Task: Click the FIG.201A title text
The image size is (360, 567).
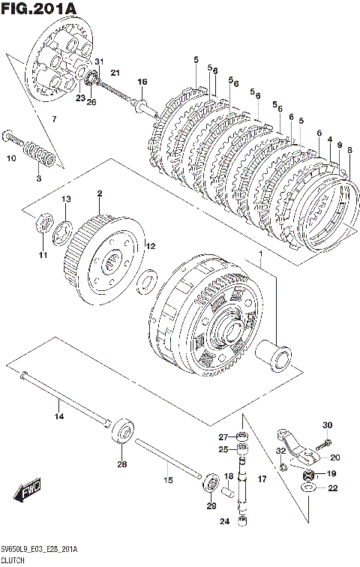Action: click(39, 9)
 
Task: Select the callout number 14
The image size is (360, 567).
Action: click(59, 416)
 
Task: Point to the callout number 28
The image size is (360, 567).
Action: click(122, 464)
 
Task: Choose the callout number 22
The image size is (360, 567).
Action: click(332, 488)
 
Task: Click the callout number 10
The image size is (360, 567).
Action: click(11, 158)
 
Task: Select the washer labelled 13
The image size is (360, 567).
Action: click(63, 232)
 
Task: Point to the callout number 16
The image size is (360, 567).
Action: click(142, 82)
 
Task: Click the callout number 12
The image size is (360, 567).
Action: click(150, 246)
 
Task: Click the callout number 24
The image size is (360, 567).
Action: click(224, 521)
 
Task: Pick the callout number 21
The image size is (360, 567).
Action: click(115, 73)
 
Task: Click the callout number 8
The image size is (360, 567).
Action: click(349, 149)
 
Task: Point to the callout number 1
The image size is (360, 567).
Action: click(260, 254)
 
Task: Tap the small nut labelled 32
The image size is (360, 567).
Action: click(283, 467)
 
